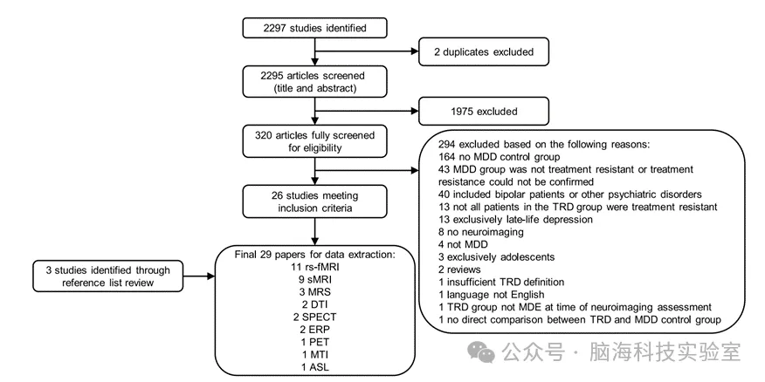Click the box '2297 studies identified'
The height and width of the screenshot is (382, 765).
314,28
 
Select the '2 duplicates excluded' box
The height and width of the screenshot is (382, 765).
484,52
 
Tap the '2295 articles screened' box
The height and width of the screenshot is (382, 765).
314,82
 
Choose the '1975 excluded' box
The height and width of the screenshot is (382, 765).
484,111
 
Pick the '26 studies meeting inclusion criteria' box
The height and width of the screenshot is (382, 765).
314,201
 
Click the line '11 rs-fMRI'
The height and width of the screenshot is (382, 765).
315,269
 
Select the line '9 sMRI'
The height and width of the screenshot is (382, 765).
315,283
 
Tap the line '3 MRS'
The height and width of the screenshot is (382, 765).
315,297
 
